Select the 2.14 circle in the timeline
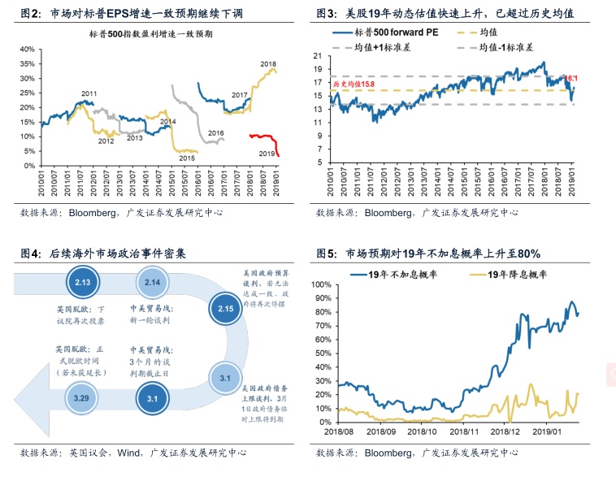pos(153,282)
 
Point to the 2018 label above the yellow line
pos(268,63)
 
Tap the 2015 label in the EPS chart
pos(187,158)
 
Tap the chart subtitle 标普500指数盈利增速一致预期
pos(152,35)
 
